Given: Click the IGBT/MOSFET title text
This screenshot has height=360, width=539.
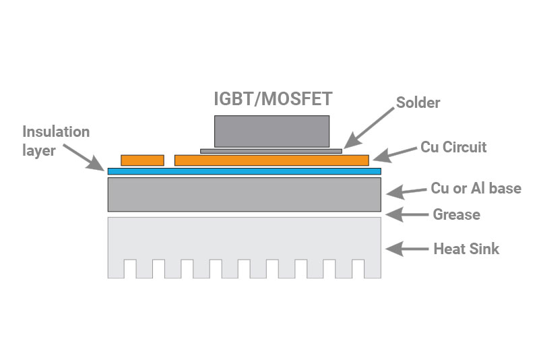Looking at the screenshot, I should point(272,99).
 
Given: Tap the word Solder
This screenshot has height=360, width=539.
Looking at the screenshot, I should point(418,103).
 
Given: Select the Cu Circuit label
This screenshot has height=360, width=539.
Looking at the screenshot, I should point(453,146).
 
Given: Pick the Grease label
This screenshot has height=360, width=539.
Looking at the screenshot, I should point(456,215).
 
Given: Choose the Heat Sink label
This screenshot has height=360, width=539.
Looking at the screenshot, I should point(466,249).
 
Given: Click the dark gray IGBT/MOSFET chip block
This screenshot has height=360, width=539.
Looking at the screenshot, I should point(272,131).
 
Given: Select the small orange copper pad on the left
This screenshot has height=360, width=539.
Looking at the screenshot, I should point(142,160).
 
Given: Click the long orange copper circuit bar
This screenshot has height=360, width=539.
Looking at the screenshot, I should point(272,160).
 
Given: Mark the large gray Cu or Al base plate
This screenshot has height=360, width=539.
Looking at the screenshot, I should point(244,194).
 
